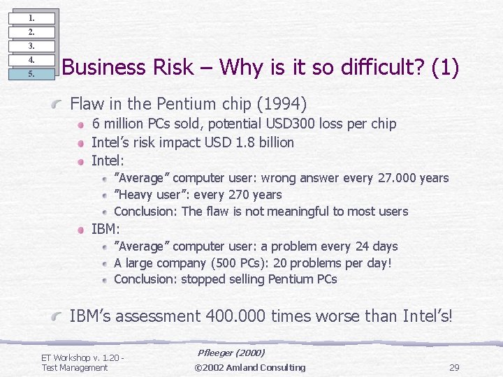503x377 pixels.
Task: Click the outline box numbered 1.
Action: pos(31,17)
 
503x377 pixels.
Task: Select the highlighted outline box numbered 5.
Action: pos(31,73)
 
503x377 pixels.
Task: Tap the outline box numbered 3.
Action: pos(31,45)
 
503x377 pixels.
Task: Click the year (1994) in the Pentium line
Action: pos(282,105)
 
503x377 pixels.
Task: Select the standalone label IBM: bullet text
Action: pos(106,229)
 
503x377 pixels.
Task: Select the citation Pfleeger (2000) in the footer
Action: pos(231,354)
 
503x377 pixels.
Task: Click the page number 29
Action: pos(453,368)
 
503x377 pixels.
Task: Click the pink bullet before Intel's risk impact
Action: pos(81,143)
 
